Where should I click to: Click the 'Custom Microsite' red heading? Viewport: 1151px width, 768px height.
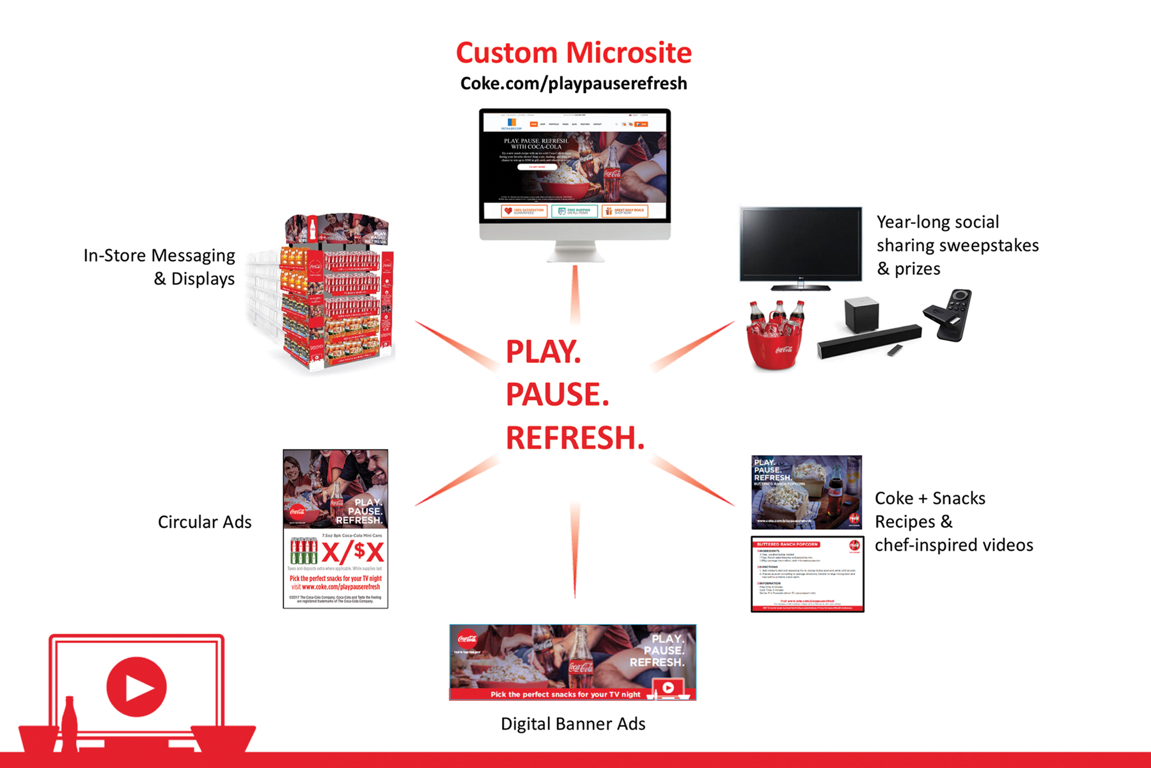click(x=574, y=52)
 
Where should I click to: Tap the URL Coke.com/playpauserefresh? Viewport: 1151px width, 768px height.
click(x=574, y=84)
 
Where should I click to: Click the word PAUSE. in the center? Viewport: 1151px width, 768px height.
click(x=557, y=394)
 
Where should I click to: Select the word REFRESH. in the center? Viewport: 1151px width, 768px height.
click(x=575, y=438)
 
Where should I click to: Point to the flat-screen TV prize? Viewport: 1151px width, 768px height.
click(x=801, y=245)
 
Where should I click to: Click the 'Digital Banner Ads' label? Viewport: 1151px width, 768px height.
click(x=573, y=724)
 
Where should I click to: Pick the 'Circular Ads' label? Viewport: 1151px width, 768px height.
click(x=205, y=522)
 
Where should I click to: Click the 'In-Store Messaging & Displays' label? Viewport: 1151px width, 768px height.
click(x=160, y=267)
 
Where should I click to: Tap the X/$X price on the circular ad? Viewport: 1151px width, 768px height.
click(x=352, y=552)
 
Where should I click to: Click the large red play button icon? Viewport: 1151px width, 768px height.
click(x=136, y=687)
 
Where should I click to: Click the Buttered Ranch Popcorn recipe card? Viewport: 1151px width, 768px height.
click(x=807, y=574)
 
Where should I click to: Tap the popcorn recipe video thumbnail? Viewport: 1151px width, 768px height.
click(x=806, y=492)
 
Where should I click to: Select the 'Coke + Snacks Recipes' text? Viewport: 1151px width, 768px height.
click(x=930, y=510)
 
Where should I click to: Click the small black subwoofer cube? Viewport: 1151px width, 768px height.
click(x=862, y=314)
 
